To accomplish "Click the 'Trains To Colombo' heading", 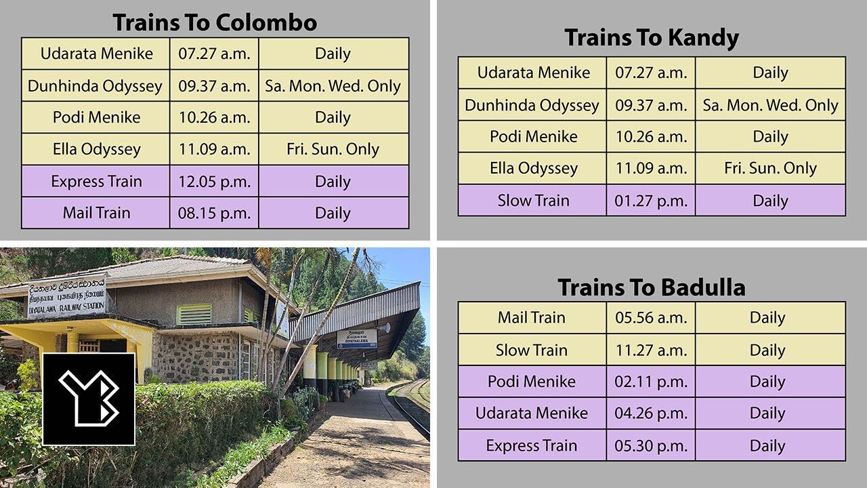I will click(215, 23).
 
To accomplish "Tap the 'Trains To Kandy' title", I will click(651, 38).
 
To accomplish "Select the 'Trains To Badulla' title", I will click(651, 287).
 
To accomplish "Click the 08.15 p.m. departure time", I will click(214, 213).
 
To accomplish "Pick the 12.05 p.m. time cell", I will click(214, 182).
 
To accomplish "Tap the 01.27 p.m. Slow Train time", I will click(650, 201).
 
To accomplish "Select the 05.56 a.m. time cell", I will click(650, 318).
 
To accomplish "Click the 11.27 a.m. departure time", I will click(650, 350).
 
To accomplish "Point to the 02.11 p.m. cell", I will click(650, 382).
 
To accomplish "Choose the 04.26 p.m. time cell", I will click(650, 413).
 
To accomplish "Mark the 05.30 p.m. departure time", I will click(650, 446).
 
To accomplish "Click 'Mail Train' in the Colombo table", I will click(96, 213).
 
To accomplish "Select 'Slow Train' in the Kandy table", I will click(533, 201).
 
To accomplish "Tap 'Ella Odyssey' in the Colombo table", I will click(96, 149).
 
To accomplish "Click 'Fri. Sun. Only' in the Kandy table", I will click(770, 168).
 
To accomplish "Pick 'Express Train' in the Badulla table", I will click(532, 446).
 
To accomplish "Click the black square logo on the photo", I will click(89, 399).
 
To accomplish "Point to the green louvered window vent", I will click(194, 314).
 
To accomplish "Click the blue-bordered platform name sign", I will click(356, 338).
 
